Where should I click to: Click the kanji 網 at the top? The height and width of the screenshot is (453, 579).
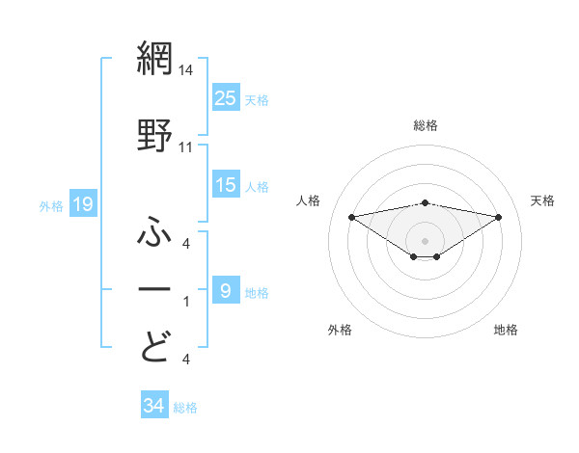pos(155,60)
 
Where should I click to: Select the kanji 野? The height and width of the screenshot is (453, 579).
pos(155,135)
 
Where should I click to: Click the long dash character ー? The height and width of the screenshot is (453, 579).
pos(155,289)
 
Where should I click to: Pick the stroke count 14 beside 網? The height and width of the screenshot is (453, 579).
pos(186,71)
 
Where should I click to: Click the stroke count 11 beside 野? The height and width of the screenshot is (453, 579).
pos(186,147)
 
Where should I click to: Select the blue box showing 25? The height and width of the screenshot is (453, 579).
pos(226,97)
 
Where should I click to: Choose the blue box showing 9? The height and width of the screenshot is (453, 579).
pos(226,290)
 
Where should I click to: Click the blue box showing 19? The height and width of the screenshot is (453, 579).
pos(83,203)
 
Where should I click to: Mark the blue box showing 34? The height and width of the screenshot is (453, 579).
pos(154,406)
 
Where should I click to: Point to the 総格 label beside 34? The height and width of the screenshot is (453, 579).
pos(185,408)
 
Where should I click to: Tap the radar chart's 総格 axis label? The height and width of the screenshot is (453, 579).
pos(426,126)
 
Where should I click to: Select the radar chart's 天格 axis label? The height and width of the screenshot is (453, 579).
pos(543,200)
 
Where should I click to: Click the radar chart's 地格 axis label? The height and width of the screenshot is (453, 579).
pos(506,330)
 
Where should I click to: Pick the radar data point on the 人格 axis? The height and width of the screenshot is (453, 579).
pos(352,216)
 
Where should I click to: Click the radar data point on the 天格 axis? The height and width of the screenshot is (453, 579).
pos(499,216)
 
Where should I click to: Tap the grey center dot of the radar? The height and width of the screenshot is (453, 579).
pos(426,240)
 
